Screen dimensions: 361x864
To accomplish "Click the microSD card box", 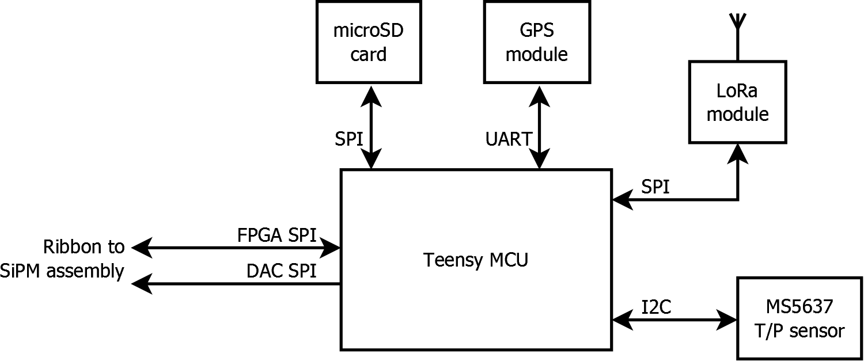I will coord(368,41).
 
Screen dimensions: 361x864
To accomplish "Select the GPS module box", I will coord(536,41).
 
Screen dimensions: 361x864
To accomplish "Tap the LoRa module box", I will coord(737,102).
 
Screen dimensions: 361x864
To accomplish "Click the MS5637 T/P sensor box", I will coord(799,318).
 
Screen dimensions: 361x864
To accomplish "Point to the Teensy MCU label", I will coord(476,260).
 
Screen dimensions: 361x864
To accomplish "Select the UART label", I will coord(509,139).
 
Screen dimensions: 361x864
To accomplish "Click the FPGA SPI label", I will coord(276,236).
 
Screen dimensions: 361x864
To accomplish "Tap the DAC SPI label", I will coord(281,271).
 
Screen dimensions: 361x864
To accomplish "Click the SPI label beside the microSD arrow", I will coord(349,139).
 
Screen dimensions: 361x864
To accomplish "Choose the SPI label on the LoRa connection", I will coord(655,187).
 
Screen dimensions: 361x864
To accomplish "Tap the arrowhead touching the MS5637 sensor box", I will coord(727,319).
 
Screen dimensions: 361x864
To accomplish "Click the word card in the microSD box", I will coord(369,54).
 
